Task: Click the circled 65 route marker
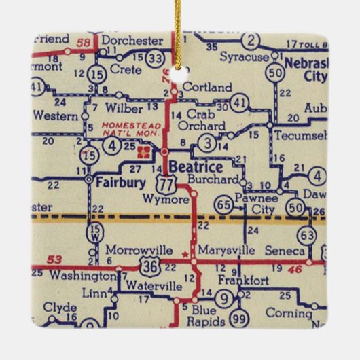tap(223, 204)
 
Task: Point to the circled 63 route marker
tap(307, 235)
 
